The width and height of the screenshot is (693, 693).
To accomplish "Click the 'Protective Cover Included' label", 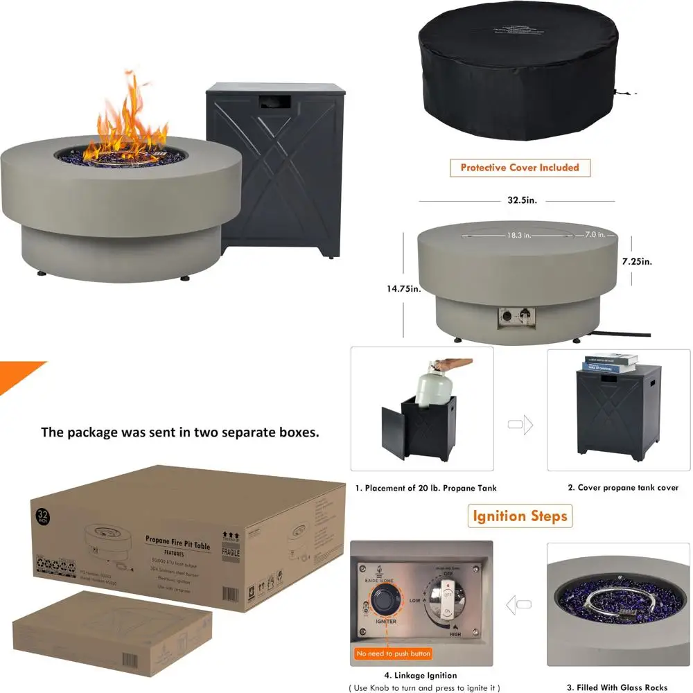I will [x=515, y=168].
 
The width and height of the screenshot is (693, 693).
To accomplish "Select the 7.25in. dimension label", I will [x=637, y=262].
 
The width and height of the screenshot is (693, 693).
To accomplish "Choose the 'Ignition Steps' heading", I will [x=520, y=516].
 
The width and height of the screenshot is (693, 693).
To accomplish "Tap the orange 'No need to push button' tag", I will [x=394, y=653].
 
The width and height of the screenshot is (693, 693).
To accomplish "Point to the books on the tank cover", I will [x=611, y=363].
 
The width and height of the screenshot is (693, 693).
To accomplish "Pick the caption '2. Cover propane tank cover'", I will [x=623, y=488].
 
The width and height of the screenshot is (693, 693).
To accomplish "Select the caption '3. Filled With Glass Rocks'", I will [x=617, y=687].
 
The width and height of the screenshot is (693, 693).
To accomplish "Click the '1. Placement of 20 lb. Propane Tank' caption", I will [x=426, y=488].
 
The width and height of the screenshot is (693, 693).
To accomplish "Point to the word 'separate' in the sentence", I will [x=240, y=432].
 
